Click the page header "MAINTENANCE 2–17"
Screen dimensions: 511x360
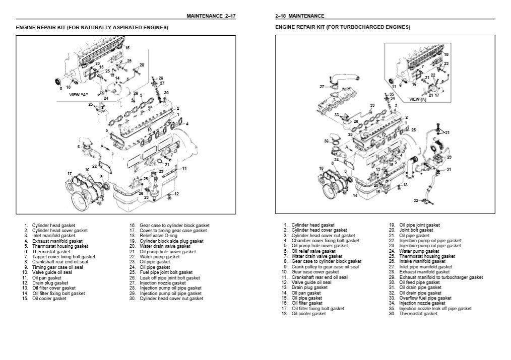click(x=211, y=16)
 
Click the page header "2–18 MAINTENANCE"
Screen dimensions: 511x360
click(x=300, y=16)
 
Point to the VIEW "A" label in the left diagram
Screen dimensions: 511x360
click(x=79, y=95)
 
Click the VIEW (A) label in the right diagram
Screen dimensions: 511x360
click(x=417, y=99)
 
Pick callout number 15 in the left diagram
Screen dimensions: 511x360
click(x=127, y=48)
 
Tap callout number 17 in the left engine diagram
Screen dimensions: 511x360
click(x=70, y=174)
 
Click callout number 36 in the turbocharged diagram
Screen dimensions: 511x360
click(x=326, y=141)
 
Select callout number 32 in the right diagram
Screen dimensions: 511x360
click(x=416, y=200)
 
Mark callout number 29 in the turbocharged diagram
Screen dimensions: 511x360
click(x=449, y=157)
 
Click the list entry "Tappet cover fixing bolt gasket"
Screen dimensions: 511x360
click(x=64, y=257)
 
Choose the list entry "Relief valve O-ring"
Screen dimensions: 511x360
click(x=159, y=236)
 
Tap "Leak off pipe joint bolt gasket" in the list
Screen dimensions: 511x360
click(x=170, y=278)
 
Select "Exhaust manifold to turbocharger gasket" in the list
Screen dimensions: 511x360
click(x=441, y=277)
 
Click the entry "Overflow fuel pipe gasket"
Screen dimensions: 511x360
click(x=426, y=298)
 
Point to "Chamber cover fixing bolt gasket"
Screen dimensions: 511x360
click(x=326, y=241)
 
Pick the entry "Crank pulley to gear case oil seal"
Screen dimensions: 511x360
click(x=325, y=267)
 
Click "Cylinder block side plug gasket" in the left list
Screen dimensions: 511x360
click(x=172, y=241)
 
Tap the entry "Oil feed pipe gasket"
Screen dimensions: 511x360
click(x=420, y=282)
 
